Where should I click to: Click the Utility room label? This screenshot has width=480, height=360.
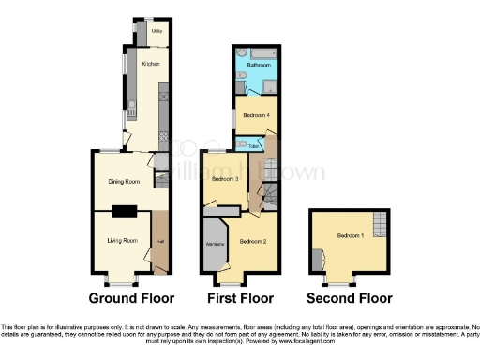(x=157, y=32)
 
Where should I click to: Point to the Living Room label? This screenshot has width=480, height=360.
(x=122, y=240)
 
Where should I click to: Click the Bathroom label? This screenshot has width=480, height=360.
(x=259, y=66)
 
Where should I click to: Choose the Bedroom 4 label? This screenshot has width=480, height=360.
(x=256, y=115)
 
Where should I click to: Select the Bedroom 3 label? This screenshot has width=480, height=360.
(x=224, y=179)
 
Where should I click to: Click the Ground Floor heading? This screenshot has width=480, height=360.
(x=131, y=299)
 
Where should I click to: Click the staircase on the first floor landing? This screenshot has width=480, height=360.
(x=269, y=195)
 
